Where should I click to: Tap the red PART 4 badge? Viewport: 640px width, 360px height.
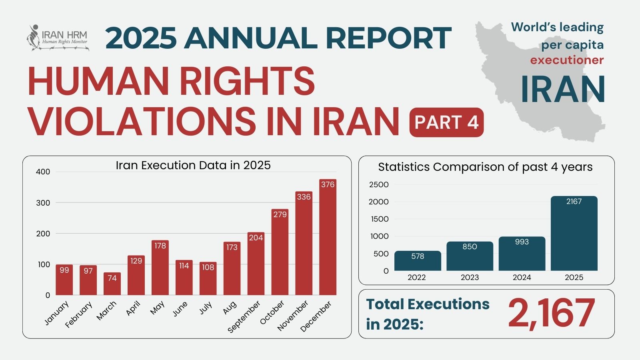click(446, 122)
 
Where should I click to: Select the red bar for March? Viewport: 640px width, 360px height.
click(112, 284)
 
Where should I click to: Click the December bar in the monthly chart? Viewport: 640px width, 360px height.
click(328, 240)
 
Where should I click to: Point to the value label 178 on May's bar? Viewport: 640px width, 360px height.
click(160, 246)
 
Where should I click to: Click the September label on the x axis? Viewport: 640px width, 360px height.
click(244, 316)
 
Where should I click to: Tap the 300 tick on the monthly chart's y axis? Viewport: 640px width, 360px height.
click(43, 203)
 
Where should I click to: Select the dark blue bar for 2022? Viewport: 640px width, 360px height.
click(418, 262)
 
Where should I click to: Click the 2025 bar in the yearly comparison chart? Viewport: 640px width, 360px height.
click(574, 236)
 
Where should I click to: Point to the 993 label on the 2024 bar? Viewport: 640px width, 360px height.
click(522, 242)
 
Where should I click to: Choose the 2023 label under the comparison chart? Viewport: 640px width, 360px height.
click(470, 278)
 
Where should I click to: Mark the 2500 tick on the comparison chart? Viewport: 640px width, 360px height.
click(378, 184)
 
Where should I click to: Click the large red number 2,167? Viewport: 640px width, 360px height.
click(551, 314)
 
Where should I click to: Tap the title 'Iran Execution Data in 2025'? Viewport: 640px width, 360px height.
click(193, 165)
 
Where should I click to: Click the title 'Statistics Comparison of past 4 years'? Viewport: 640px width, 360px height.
click(485, 167)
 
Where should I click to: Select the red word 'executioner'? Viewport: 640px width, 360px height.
click(567, 60)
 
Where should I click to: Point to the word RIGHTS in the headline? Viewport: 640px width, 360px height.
click(247, 81)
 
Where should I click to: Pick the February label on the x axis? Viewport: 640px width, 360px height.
click(79, 314)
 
